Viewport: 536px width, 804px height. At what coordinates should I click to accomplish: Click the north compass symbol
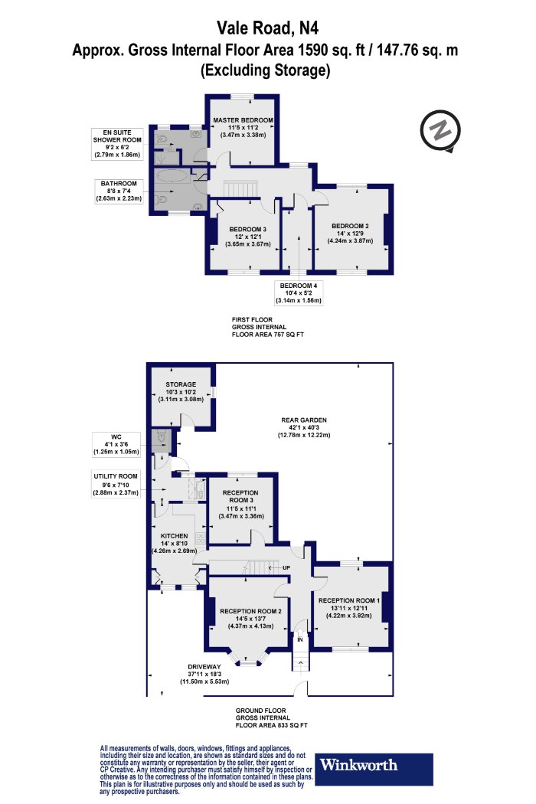coord(440,131)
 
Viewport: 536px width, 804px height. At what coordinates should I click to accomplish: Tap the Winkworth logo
coord(374,769)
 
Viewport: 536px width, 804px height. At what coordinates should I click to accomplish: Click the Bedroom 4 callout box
coord(299,293)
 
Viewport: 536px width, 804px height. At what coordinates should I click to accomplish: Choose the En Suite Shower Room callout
coord(117,144)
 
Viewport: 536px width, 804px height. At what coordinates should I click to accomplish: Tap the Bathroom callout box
coord(119,191)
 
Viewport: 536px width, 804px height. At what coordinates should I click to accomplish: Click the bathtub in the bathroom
coord(172,176)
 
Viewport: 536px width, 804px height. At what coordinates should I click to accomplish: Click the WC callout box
coord(116,445)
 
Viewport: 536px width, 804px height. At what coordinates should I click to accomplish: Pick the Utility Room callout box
coord(116,485)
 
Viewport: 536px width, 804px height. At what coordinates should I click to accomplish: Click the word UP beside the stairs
coord(286,567)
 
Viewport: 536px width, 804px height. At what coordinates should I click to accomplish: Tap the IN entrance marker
coord(300,639)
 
